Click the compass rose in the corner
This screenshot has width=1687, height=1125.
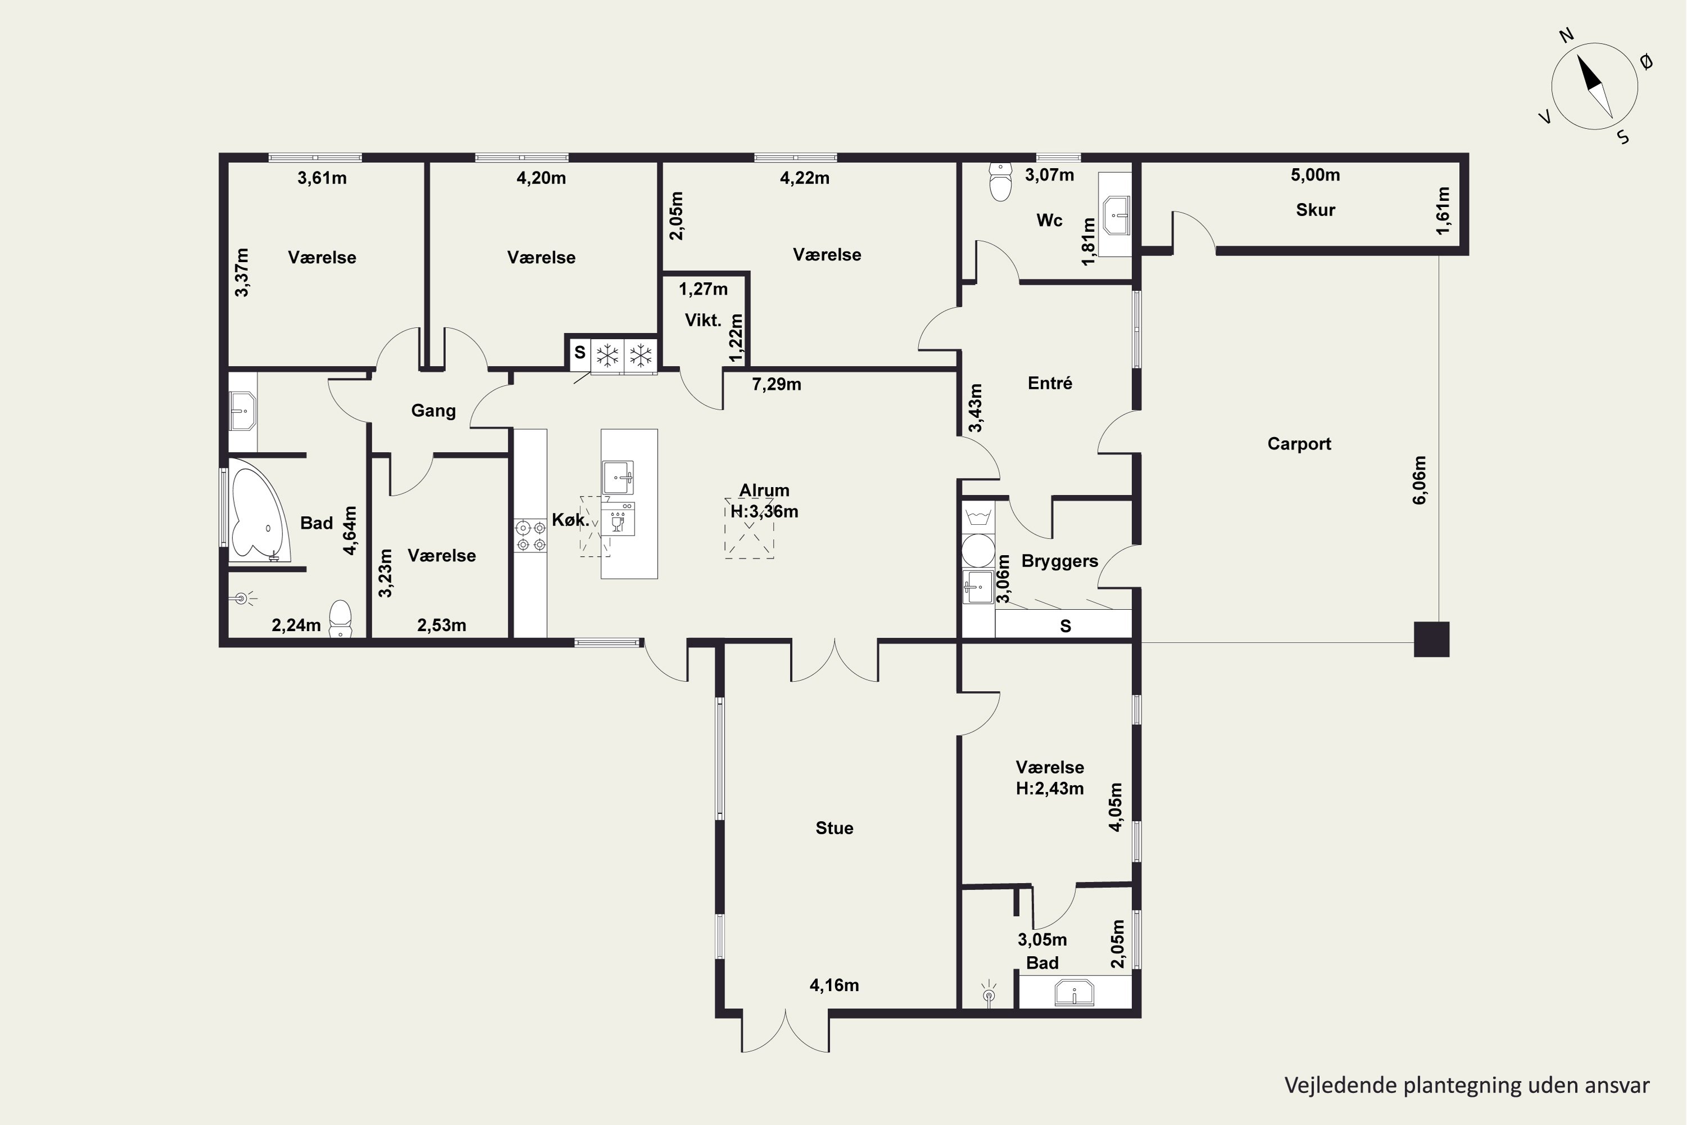pyautogui.click(x=1594, y=86)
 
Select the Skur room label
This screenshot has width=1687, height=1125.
pyautogui.click(x=1315, y=210)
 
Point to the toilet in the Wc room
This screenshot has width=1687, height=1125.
pyautogui.click(x=1000, y=182)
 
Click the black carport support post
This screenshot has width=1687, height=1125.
pyautogui.click(x=1431, y=638)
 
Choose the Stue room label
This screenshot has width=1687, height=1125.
pyautogui.click(x=834, y=828)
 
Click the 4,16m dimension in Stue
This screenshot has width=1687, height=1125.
pyautogui.click(x=834, y=985)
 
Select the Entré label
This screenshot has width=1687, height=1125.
pyautogui.click(x=1050, y=383)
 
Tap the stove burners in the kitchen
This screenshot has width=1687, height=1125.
pyautogui.click(x=530, y=537)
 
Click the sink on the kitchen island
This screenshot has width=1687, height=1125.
pyautogui.click(x=617, y=477)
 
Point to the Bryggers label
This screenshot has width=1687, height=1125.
pyautogui.click(x=1059, y=561)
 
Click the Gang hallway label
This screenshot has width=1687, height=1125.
pyautogui.click(x=433, y=411)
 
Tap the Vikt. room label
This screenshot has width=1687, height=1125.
pyautogui.click(x=703, y=320)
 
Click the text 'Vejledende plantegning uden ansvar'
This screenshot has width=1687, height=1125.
pyautogui.click(x=1467, y=1086)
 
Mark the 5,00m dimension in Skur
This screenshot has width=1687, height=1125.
pyautogui.click(x=1315, y=174)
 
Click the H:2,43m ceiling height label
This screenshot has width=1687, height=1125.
pyautogui.click(x=1049, y=789)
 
